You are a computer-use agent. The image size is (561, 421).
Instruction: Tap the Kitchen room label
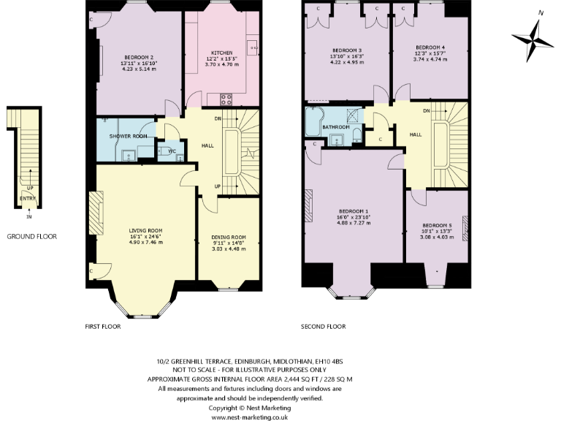(x=222, y=53)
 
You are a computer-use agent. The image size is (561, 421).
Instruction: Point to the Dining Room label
(x=229, y=237)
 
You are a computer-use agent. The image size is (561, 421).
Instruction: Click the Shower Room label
(x=129, y=137)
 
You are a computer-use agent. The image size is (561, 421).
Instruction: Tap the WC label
(x=172, y=151)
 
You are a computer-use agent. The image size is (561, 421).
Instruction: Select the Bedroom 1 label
(x=353, y=211)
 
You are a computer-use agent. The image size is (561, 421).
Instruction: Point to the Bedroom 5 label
(x=437, y=225)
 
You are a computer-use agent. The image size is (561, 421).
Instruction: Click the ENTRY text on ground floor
(x=27, y=198)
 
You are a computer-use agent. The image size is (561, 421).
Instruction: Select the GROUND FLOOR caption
(x=31, y=237)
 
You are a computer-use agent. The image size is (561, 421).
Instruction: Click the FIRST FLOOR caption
(x=102, y=327)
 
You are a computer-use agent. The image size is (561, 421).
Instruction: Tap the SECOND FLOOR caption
(x=323, y=327)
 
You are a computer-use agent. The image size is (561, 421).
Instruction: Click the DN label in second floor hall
(x=426, y=111)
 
